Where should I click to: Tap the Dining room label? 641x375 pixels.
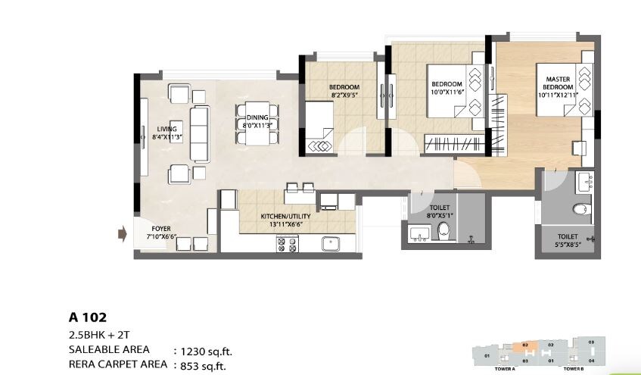pyautogui.click(x=257, y=122)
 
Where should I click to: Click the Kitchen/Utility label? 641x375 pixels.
pyautogui.click(x=285, y=220)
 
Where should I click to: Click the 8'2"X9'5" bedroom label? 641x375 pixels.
pyautogui.click(x=344, y=92)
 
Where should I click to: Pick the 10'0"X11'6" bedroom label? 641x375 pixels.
pyautogui.click(x=447, y=88)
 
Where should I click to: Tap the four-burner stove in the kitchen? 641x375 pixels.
pyautogui.click(x=288, y=244)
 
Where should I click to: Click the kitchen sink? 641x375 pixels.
pyautogui.click(x=329, y=244)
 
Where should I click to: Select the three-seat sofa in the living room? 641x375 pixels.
pyautogui.click(x=200, y=134)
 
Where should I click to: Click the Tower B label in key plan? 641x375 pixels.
pyautogui.click(x=573, y=369)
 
